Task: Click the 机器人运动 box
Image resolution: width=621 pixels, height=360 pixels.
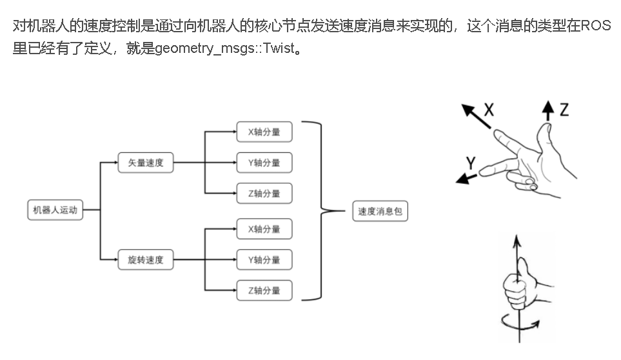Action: point(55,210)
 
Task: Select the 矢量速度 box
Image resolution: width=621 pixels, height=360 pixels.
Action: point(146,163)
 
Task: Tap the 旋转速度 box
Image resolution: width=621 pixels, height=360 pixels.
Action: point(146,260)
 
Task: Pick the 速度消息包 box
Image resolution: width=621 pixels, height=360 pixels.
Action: point(380,211)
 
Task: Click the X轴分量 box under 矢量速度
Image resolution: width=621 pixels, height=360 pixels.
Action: point(264,132)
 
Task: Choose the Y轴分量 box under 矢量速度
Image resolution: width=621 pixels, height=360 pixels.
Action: point(264,163)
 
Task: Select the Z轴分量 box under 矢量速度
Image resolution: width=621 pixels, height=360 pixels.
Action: point(264,194)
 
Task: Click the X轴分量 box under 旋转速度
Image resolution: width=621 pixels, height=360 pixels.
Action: point(264,229)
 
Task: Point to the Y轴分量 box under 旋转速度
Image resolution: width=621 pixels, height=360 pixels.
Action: point(264,260)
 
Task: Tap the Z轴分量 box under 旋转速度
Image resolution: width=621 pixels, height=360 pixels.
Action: point(264,290)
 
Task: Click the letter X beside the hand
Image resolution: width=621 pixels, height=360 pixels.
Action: point(489,110)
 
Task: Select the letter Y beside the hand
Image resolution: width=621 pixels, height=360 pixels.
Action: point(471,163)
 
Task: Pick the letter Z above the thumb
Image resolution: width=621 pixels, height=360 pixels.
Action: point(564,109)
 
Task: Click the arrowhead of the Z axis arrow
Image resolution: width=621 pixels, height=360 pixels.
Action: point(548,106)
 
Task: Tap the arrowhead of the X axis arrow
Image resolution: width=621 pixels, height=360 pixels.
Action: point(468,110)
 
